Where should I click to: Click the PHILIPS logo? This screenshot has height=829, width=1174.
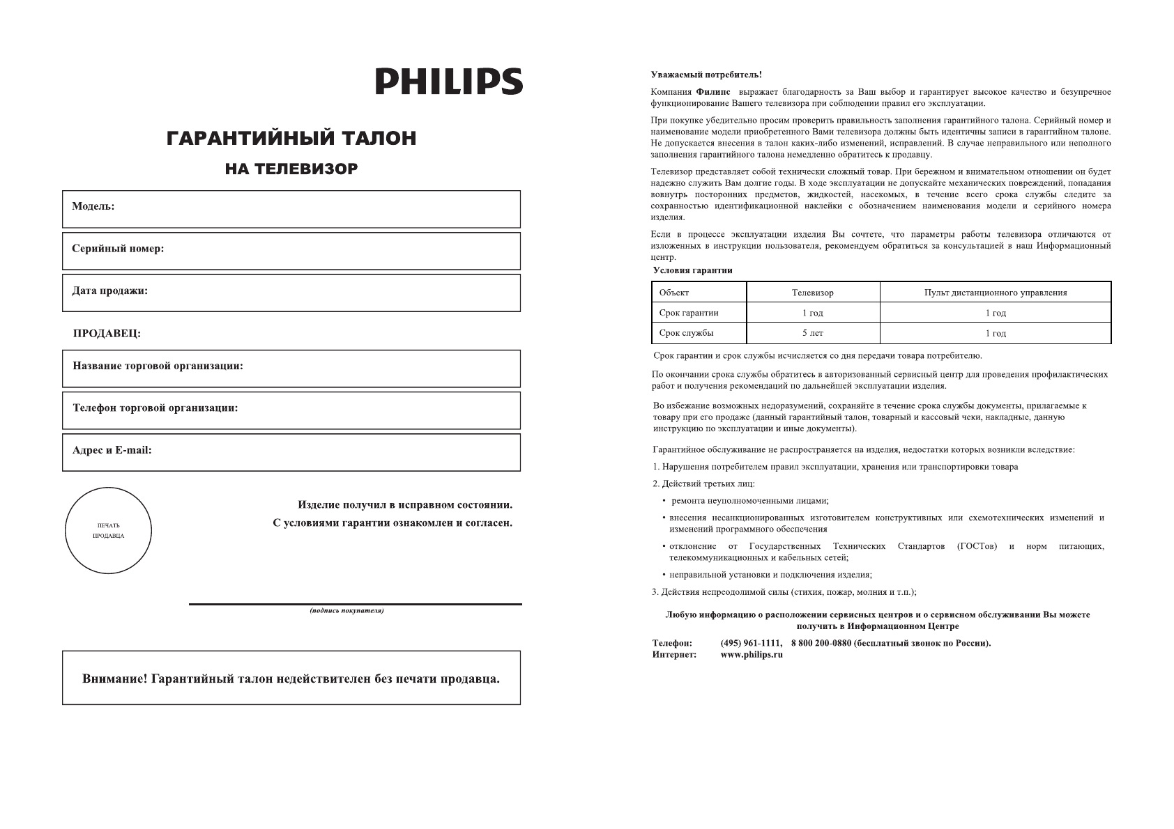(x=449, y=82)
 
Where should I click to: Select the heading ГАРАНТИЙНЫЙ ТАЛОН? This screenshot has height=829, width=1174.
(x=291, y=139)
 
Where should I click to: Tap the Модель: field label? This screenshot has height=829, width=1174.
(x=93, y=207)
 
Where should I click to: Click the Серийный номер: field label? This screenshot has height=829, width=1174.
(x=118, y=249)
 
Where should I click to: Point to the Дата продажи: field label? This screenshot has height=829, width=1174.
(x=110, y=290)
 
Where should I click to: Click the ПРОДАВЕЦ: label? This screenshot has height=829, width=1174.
(x=107, y=334)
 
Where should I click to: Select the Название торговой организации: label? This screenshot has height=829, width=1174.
(x=158, y=366)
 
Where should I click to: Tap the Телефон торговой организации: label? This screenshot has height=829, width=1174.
(x=155, y=408)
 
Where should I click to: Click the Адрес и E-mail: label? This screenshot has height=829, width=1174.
(x=112, y=450)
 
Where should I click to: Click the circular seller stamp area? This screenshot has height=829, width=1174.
(x=108, y=531)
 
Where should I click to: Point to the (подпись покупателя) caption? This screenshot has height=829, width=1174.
(x=346, y=611)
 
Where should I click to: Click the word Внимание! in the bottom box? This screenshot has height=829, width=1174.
(x=114, y=679)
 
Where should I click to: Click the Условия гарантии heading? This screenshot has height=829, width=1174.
(x=692, y=270)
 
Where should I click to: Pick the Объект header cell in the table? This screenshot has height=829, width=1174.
(x=674, y=293)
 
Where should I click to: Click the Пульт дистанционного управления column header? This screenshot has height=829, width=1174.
(x=995, y=293)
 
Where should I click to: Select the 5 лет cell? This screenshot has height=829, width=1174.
(x=812, y=333)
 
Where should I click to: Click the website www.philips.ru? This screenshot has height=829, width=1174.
(x=752, y=655)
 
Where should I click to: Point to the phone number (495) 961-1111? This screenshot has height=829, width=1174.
(x=751, y=643)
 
